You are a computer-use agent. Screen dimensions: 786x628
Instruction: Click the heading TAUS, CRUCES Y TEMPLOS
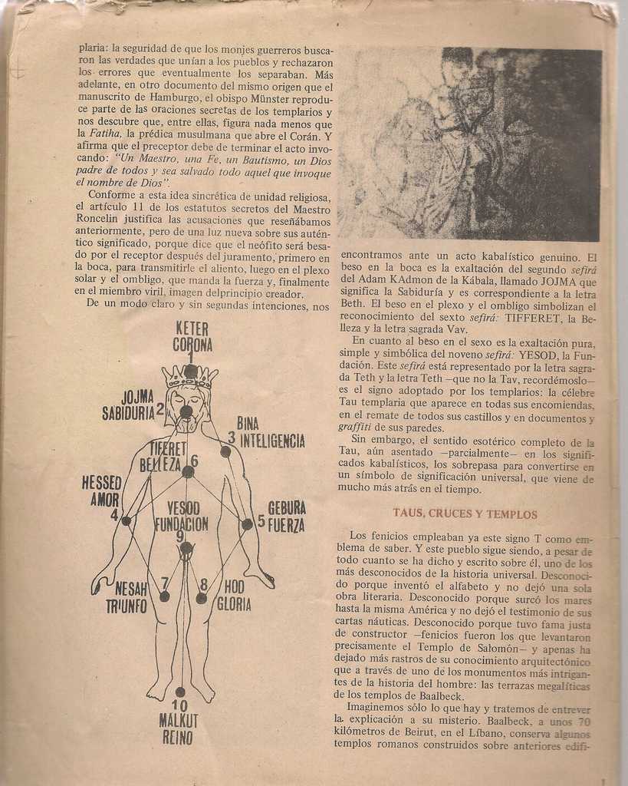pyautogui.click(x=465, y=514)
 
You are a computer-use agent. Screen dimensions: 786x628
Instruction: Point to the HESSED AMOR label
pyautogui.click(x=101, y=490)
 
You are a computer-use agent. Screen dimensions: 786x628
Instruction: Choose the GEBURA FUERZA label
pyautogui.click(x=286, y=517)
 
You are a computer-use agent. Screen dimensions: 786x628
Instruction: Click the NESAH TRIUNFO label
pyautogui.click(x=127, y=597)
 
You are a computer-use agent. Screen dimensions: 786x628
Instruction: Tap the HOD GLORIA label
pyautogui.click(x=233, y=595)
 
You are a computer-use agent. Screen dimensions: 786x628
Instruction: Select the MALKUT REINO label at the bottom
pyautogui.click(x=179, y=728)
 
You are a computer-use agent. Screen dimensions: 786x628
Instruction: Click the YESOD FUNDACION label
pyautogui.click(x=182, y=516)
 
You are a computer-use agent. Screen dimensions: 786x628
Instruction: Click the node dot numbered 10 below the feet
pyautogui.click(x=180, y=692)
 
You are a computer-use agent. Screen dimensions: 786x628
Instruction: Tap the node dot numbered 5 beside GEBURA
pyautogui.click(x=247, y=523)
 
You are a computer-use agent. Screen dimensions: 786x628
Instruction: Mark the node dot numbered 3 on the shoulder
pyautogui.click(x=225, y=451)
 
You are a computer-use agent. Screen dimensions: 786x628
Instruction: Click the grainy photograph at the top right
pyautogui.click(x=469, y=144)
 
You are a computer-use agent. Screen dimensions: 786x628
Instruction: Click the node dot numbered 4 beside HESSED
pyautogui.click(x=127, y=520)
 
